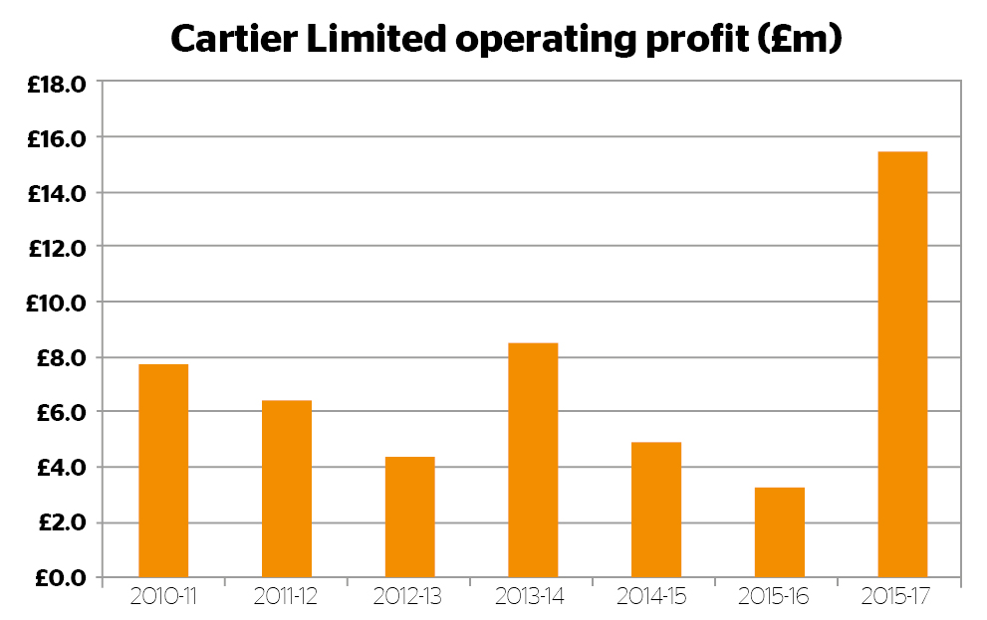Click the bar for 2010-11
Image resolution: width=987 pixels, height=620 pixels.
pos(163,471)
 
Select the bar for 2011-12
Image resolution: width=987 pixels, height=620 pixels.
pos(287,489)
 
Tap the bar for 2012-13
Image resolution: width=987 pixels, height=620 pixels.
pos(409,517)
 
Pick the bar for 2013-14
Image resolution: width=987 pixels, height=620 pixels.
pos(533,460)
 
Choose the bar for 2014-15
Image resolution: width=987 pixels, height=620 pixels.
pos(656,510)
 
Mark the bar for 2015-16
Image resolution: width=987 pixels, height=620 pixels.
pos(780,532)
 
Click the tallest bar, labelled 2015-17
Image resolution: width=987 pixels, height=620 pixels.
pos(902,364)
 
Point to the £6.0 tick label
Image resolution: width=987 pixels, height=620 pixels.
pos(57,412)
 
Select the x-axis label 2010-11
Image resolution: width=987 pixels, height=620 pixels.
pos(163,597)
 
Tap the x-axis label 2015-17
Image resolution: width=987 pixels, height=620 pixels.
pos(902,597)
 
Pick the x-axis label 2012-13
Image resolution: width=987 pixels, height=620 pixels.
pos(409,597)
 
